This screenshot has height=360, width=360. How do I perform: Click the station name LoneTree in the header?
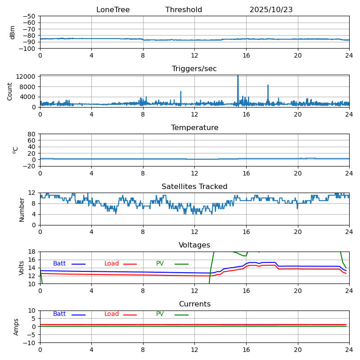113,10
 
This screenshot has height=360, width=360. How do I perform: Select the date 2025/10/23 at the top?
271,10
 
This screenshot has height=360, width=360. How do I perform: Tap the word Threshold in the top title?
184,10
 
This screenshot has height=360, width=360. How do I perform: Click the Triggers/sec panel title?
194,69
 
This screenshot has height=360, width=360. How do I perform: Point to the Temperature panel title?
194,128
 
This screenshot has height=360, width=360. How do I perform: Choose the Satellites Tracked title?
194,187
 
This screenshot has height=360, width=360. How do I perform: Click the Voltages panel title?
194,245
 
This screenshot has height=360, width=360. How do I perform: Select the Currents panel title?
194,304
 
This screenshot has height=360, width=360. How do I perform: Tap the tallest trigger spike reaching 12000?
238,76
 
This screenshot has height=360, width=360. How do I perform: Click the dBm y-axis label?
13,32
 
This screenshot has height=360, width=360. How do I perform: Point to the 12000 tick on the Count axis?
26,76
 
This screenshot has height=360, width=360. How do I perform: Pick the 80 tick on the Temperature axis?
31,134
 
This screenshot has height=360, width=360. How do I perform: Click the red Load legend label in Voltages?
112,264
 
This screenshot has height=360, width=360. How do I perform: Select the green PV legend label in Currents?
160,314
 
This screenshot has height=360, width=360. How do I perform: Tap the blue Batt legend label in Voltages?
59,264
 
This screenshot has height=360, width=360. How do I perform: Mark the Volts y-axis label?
22,268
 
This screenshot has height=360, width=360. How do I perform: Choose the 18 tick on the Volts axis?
31,252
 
